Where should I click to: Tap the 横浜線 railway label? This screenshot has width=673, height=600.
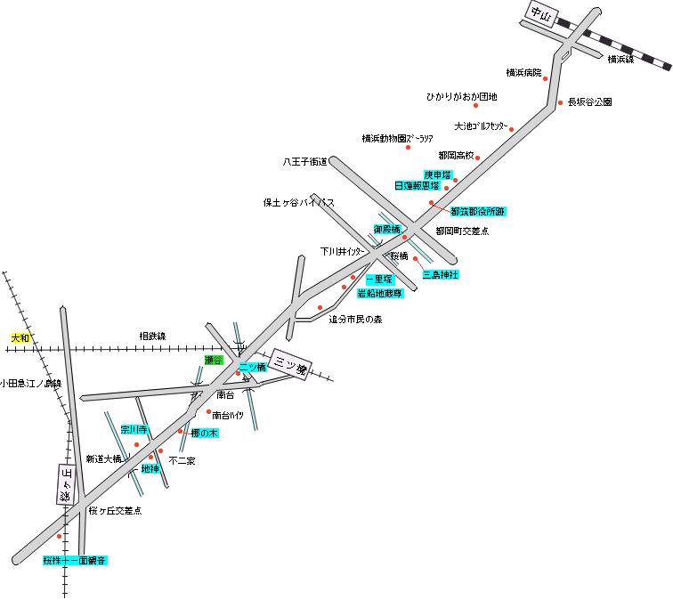[620, 60]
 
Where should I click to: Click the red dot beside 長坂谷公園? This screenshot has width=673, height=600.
[560, 102]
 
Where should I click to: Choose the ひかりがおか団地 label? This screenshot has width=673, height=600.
[461, 97]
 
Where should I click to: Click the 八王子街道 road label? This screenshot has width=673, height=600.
[304, 162]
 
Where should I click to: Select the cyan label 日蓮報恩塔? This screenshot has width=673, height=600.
[418, 186]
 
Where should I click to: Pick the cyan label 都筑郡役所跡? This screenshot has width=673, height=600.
[478, 212]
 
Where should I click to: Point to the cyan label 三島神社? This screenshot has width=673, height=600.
[441, 275]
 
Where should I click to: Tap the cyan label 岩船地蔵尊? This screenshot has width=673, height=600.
[380, 293]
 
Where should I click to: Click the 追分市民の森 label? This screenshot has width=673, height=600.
[354, 319]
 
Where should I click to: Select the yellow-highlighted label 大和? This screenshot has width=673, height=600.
[20, 338]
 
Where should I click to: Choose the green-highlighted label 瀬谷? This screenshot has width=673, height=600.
[213, 360]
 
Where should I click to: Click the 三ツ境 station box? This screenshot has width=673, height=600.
[290, 364]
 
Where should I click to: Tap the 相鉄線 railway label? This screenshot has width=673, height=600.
[152, 336]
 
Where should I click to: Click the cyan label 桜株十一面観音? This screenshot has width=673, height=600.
[75, 561]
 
